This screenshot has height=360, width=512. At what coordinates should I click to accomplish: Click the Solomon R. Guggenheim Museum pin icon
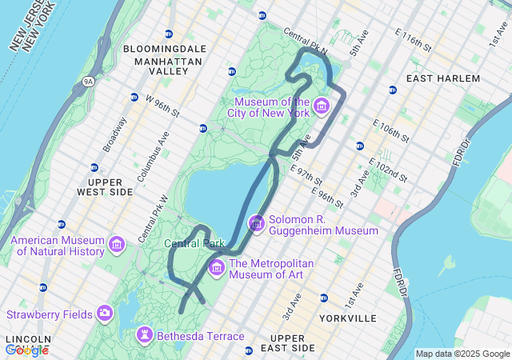coord(257,224)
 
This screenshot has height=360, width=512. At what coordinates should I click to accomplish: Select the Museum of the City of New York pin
coord(322,106)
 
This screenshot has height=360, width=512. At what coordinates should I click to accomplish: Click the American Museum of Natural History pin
coord(117,245)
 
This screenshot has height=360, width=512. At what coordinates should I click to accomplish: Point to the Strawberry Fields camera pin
coord(105,313)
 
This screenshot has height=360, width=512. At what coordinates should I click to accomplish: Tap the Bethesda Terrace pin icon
coord(145,335)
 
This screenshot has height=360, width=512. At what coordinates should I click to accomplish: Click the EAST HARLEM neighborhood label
coord(443,78)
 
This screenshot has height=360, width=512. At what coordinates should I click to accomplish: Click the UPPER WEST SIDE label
coord(104,186)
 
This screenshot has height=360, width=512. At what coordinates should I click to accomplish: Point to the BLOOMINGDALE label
coord(165,49)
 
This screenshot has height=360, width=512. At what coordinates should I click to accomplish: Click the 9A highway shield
coord(88,81)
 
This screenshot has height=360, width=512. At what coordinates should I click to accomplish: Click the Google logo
coord(26,350)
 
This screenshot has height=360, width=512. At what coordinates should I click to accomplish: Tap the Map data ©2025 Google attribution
coord(462,354)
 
